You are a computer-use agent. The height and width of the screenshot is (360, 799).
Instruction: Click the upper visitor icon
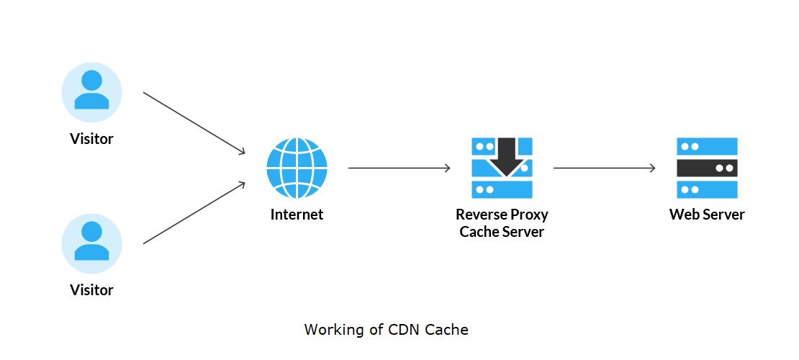[91, 92]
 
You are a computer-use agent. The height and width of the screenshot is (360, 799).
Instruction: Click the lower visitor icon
[91, 244]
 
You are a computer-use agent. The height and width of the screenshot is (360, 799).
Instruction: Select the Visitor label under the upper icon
[91, 139]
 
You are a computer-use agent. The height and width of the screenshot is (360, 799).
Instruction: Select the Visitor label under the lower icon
[91, 290]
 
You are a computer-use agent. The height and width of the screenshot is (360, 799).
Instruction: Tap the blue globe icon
[297, 168]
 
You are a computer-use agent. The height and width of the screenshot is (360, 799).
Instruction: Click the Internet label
[297, 215]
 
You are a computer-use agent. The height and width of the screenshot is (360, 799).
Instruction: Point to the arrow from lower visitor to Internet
[194, 213]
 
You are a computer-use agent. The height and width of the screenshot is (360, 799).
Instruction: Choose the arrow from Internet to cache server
[399, 168]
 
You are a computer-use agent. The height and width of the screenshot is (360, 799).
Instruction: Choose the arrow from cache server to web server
[604, 168]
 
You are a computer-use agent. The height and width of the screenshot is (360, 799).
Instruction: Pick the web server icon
[707, 168]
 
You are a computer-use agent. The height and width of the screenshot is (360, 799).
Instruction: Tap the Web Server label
[707, 215]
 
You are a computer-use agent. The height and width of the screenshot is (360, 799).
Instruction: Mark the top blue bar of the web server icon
[707, 146]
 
